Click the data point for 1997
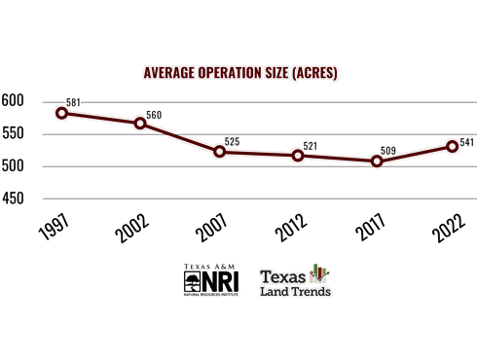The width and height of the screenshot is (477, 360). point(61,113)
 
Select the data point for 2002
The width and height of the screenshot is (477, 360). point(140,123)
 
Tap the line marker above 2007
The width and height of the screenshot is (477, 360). point(219,151)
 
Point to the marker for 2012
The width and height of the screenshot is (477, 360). point(298,155)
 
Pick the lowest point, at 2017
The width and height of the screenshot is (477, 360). point(377,162)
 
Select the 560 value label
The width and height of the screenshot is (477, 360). point(154,115)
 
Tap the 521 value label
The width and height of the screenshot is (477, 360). point(311,146)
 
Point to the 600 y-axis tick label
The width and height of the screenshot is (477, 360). point(13,100)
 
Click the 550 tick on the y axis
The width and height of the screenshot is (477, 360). point(13,133)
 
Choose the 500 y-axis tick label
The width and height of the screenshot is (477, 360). point(13,166)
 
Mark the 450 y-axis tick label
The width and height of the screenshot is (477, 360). point(13,198)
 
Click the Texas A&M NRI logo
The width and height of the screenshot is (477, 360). point(210,279)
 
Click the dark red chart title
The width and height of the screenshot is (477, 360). point(239,73)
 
